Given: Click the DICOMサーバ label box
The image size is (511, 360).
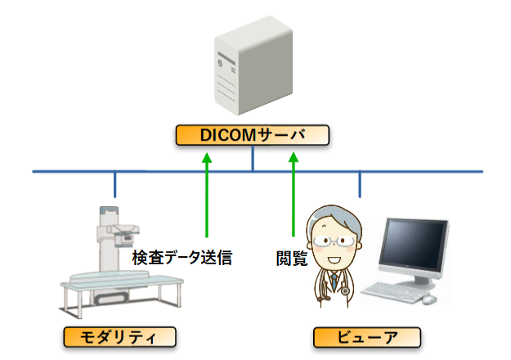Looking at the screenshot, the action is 253,135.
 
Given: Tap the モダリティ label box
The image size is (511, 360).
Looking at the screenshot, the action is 119,337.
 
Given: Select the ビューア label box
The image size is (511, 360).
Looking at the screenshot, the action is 367,337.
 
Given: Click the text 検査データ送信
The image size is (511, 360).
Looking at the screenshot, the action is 182,258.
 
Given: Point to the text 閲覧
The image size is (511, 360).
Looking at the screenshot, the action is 292,259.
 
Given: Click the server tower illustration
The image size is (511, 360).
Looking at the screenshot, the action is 253,65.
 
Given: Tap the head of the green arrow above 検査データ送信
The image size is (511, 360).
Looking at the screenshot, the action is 207,157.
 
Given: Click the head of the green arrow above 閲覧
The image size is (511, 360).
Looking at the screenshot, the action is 294,157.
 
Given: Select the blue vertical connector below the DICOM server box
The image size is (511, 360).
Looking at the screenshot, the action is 253,158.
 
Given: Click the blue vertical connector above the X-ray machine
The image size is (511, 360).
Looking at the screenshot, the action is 114,184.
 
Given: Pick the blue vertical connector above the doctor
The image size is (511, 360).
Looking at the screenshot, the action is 360,184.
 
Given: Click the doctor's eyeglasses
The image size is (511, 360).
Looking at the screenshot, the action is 334,241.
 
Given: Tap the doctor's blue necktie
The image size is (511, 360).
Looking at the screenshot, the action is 334,281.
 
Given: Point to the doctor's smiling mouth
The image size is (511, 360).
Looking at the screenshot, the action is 334,260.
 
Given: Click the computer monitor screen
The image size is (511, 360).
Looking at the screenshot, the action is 413,245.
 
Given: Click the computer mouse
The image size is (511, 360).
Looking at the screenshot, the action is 429,299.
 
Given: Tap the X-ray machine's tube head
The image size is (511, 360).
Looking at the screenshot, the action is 123,236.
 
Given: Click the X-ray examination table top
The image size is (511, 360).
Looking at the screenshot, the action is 122,281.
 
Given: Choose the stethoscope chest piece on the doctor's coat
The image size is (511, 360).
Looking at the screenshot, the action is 344,290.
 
